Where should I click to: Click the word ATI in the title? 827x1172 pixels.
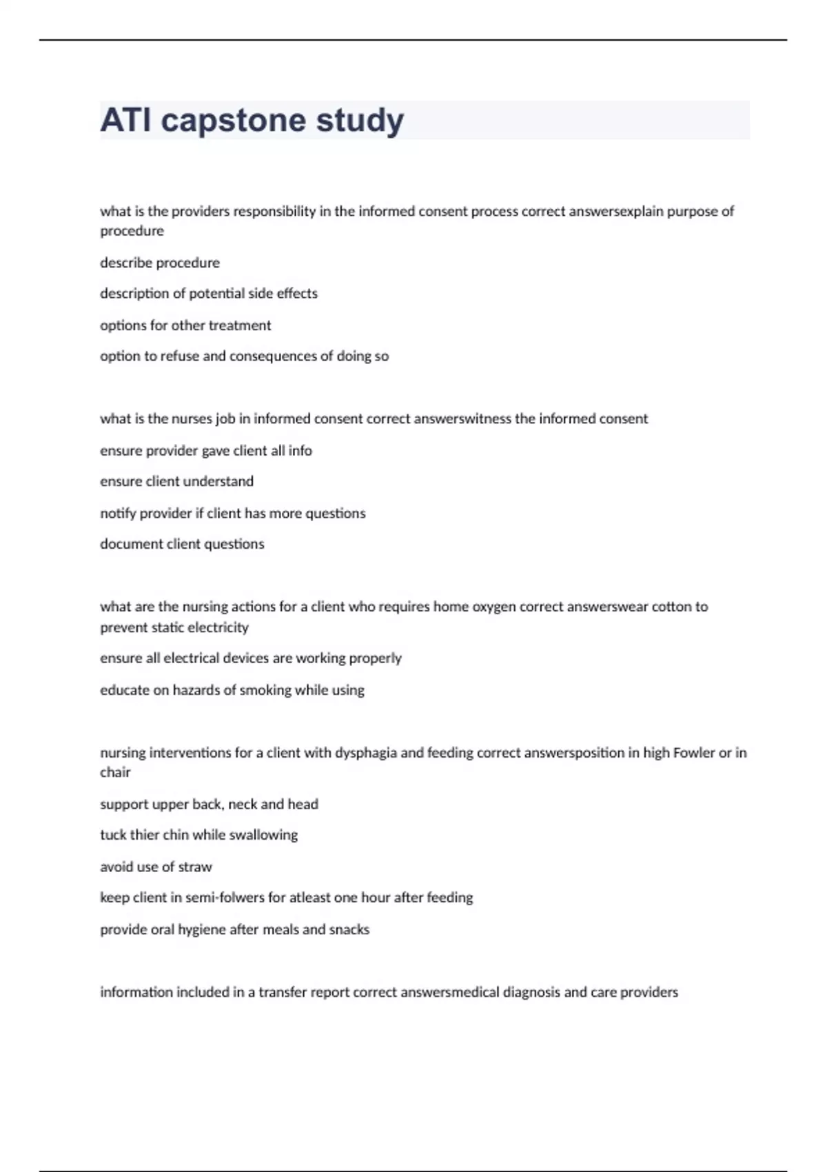tap(125, 120)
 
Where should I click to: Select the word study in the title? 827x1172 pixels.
tap(360, 121)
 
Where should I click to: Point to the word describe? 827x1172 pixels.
tap(125, 263)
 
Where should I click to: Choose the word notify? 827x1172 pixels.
tap(118, 514)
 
